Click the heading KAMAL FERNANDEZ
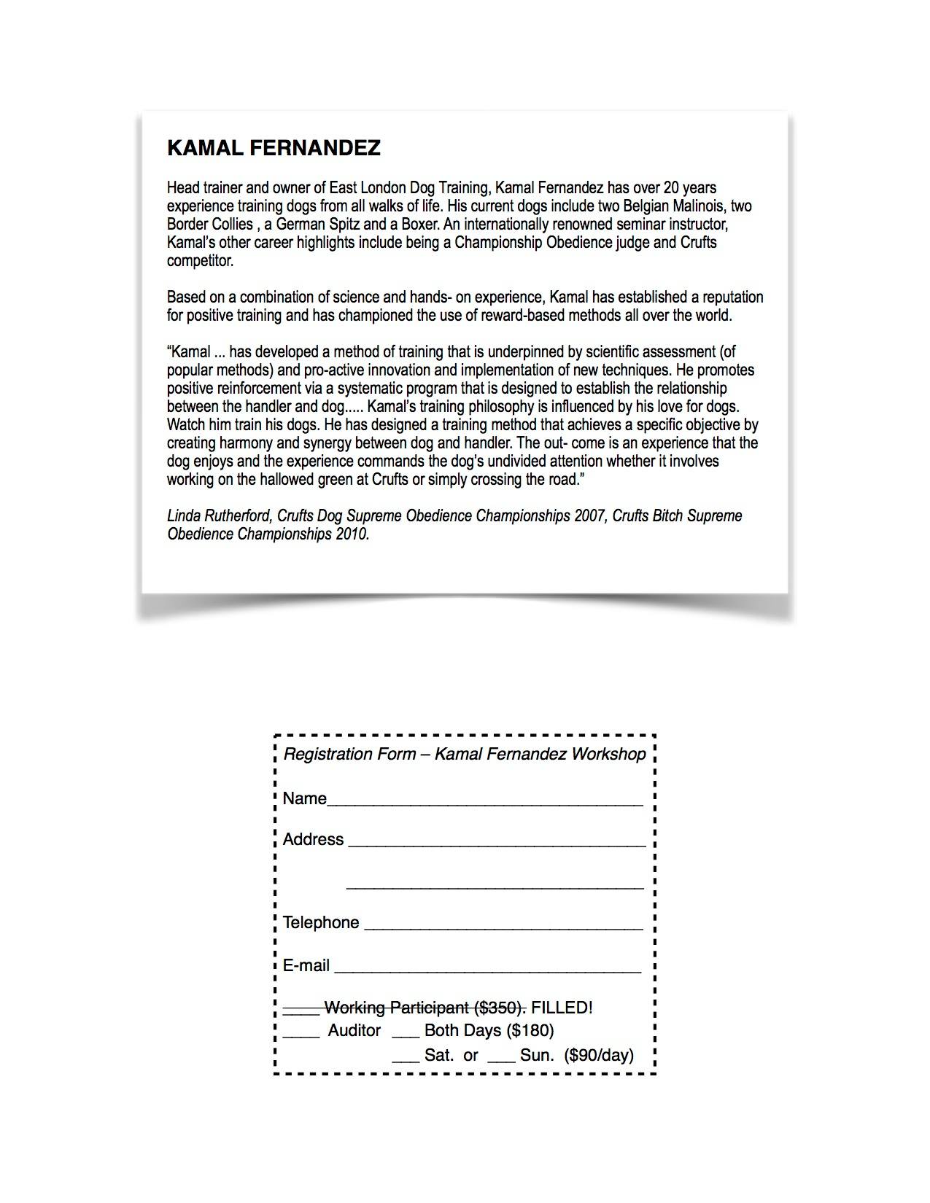[274, 148]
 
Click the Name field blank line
[485, 803]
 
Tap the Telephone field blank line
[503, 927]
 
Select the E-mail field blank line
[487, 970]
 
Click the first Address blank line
[497, 844]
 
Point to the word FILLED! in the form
[562, 1008]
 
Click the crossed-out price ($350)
[500, 1008]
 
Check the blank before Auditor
[301, 1035]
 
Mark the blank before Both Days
[406, 1035]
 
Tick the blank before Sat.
[406, 1059]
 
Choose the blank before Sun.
[501, 1059]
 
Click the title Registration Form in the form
[349, 754]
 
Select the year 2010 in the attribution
[352, 534]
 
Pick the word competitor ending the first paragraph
[200, 261]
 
